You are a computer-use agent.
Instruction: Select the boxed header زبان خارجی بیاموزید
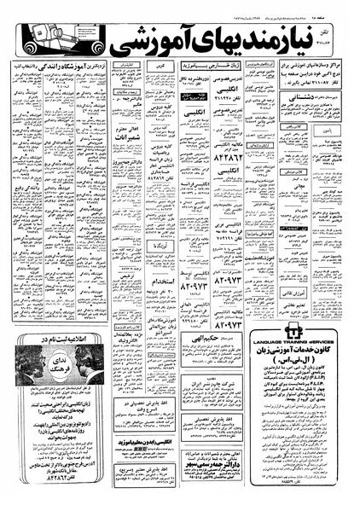(x=204, y=66)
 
